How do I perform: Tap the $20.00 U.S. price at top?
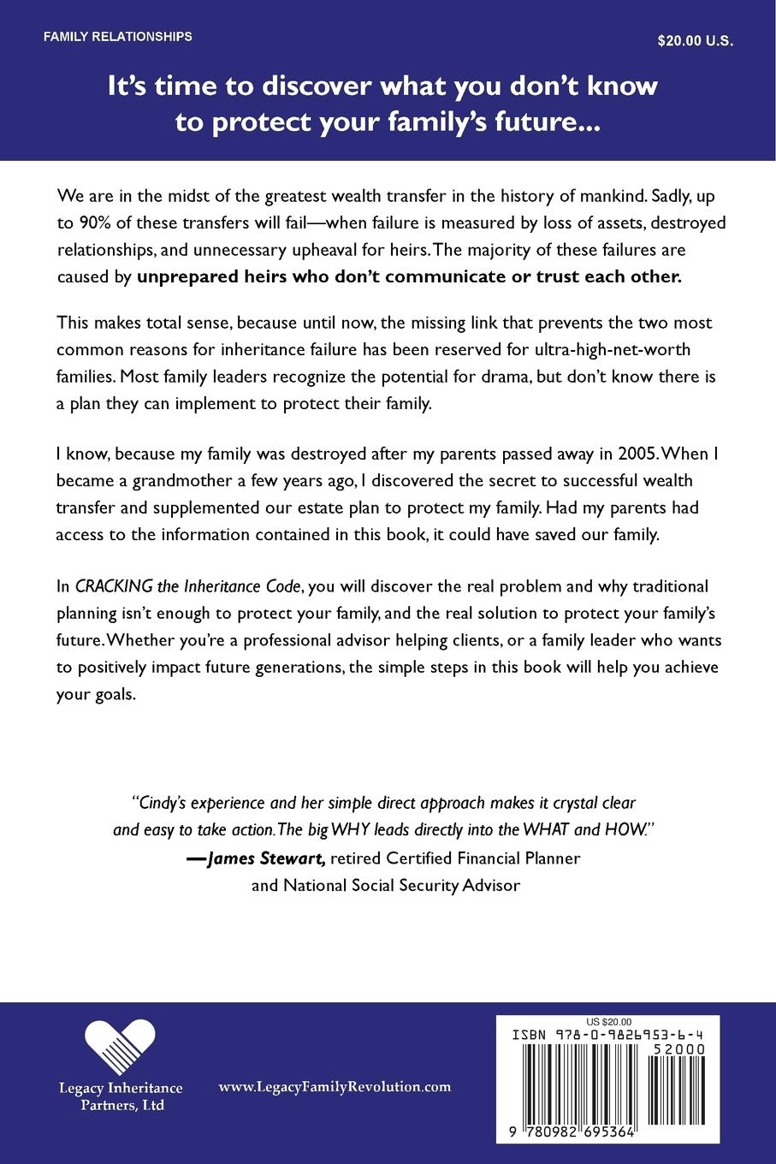tap(696, 40)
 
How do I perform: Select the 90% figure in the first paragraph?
tap(94, 223)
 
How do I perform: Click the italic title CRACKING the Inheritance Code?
tap(188, 586)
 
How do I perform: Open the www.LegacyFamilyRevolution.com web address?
tap(335, 1087)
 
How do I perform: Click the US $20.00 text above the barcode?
tap(609, 1021)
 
